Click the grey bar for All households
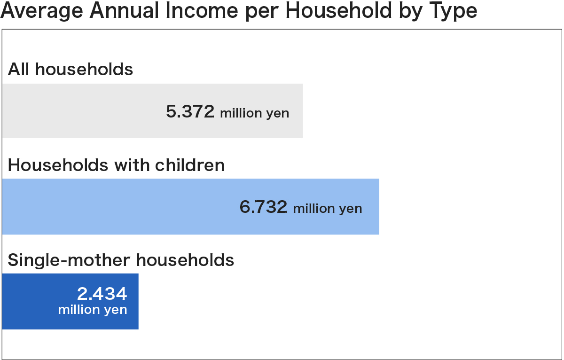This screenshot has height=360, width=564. click(x=153, y=111)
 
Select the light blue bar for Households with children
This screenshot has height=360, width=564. click(x=191, y=207)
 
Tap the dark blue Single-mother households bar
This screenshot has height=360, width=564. click(x=70, y=301)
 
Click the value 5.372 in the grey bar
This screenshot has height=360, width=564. click(x=190, y=111)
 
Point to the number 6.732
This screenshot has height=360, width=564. click(x=263, y=207)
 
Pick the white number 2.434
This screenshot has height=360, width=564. click(x=102, y=294)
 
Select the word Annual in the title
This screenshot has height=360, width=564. click(x=125, y=10)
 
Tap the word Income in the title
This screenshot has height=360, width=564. click(x=202, y=10)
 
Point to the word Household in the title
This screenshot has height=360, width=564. click(x=339, y=10)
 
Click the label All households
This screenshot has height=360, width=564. click(x=70, y=69)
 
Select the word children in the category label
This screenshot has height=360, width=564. click(x=189, y=165)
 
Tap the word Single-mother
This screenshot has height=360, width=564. click(x=69, y=260)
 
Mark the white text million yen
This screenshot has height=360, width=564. click(x=93, y=310)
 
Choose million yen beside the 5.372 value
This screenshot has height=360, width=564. click(x=255, y=113)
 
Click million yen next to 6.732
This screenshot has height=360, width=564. click(x=328, y=209)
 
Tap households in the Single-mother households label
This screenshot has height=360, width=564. click(x=185, y=260)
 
